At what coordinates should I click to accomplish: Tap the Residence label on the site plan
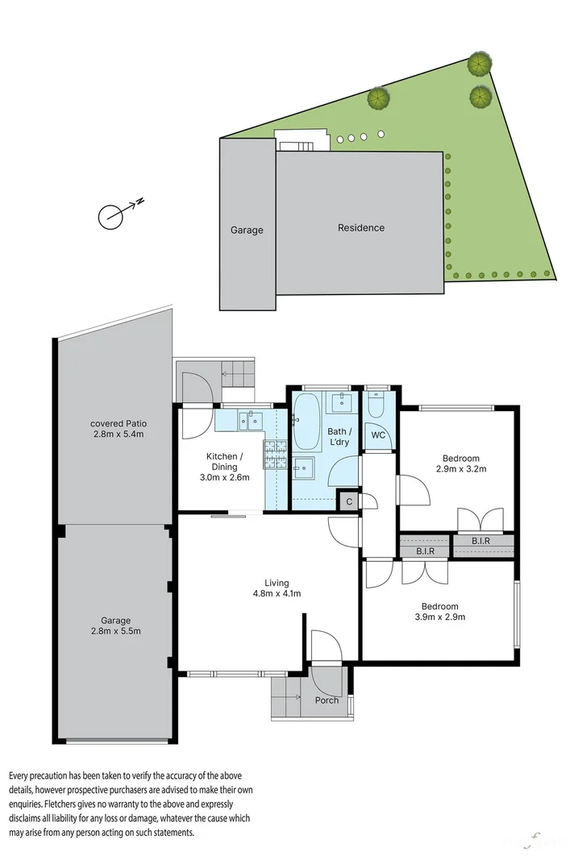[x=360, y=228]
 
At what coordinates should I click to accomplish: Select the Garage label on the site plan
[x=247, y=231]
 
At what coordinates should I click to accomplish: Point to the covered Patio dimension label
[x=118, y=429]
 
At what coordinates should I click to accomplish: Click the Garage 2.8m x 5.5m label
[x=116, y=625]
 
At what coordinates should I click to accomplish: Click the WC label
[x=377, y=435]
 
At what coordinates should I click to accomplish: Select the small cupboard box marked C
[x=348, y=501]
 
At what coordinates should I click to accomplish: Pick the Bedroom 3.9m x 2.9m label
[x=439, y=612]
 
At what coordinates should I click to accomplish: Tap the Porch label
[x=327, y=700]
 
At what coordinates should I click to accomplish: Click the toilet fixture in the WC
[x=376, y=407]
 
